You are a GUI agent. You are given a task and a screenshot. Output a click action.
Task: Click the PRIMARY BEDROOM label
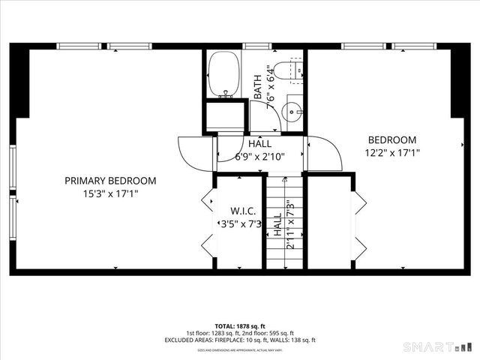110,181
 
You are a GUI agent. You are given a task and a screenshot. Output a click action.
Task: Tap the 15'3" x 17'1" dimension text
110,193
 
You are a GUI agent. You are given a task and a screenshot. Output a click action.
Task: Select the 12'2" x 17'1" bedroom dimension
391,152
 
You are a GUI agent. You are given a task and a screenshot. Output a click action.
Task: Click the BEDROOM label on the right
391,139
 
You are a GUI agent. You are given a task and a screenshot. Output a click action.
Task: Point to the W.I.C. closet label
239,211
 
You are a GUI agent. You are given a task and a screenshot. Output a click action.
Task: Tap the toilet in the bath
286,70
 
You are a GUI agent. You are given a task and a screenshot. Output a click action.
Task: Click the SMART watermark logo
438,347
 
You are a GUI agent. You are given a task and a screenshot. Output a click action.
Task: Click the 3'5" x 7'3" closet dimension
239,224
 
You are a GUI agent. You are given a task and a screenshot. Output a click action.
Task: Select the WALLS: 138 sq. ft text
293,340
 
